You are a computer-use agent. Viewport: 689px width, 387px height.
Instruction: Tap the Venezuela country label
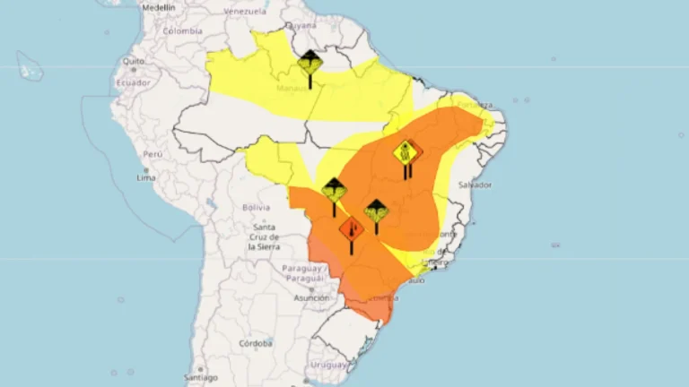[245, 12]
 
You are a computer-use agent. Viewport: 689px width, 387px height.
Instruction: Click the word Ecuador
[133, 82]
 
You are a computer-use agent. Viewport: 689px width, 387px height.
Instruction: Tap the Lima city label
[146, 177]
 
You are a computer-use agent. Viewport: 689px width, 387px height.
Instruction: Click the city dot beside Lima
[145, 168]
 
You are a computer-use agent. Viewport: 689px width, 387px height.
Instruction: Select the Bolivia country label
[257, 207]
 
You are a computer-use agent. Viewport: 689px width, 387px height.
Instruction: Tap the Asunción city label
[310, 297]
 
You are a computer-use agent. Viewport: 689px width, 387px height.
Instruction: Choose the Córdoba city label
[256, 343]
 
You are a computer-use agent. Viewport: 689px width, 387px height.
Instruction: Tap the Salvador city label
[475, 185]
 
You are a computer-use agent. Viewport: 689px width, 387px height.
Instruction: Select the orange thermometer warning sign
[352, 229]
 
